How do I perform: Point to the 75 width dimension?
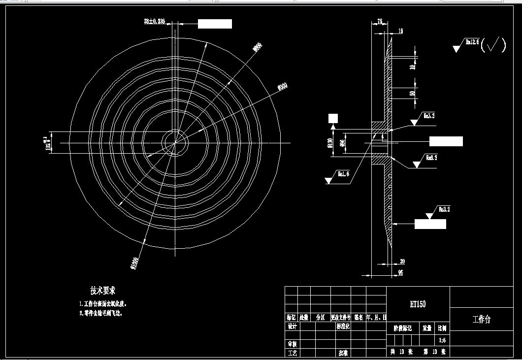click(380, 21)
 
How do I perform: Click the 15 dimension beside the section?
click(400, 31)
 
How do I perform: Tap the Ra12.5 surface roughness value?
click(472, 42)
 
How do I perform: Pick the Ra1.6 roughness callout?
click(343, 173)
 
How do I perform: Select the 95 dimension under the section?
click(400, 271)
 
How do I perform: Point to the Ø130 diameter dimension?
click(328, 144)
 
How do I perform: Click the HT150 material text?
click(418, 304)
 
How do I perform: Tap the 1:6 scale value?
click(442, 340)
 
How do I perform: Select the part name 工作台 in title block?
click(481, 320)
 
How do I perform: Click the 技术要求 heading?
click(102, 291)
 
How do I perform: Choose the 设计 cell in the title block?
click(292, 327)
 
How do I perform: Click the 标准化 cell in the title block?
click(343, 327)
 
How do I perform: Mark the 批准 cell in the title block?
click(343, 353)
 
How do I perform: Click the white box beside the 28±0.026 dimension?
click(215, 24)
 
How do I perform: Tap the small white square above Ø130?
click(333, 118)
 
